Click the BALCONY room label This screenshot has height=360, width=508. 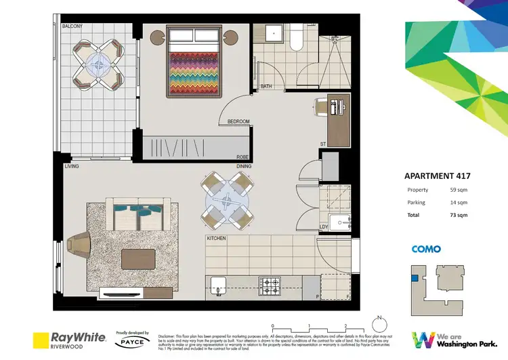[x=72, y=26]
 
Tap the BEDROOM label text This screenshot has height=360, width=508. [x=238, y=122]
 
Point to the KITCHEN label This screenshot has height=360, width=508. [x=217, y=239]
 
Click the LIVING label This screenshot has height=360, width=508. [x=72, y=166]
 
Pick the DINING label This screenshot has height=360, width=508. [x=244, y=166]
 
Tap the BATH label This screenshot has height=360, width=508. [x=266, y=86]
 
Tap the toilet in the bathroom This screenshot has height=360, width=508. [x=296, y=40]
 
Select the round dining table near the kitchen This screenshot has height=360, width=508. [x=227, y=199]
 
